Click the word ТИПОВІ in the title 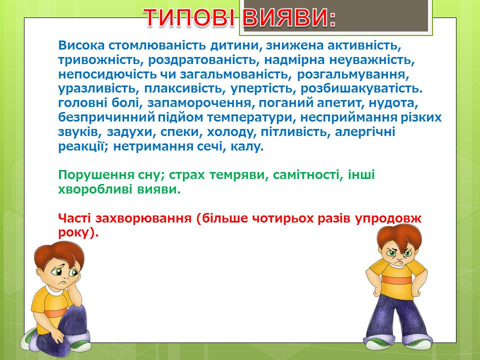coord(190,17)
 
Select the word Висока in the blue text coord(81,45)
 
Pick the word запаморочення coord(199,103)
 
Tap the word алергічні coord(365,131)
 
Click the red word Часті coord(74,218)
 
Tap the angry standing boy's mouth coord(399,262)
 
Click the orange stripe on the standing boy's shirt coord(396,280)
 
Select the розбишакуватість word coord(361,89)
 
